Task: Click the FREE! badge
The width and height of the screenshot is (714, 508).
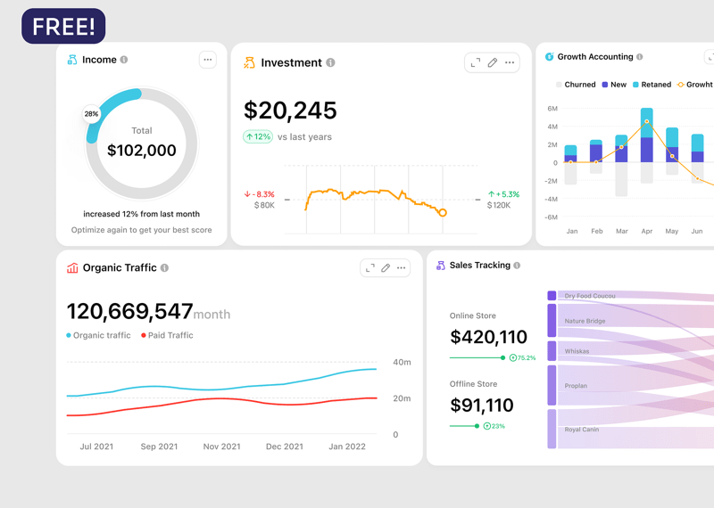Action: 63,27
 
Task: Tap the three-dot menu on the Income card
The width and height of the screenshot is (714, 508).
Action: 207,60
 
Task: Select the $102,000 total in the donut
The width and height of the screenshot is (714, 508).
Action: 142,151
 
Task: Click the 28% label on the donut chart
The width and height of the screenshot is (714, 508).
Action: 91,114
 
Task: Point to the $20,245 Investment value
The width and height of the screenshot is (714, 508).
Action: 290,111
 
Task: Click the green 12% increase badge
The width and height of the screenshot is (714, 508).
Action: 258,136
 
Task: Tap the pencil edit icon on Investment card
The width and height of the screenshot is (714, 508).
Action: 493,62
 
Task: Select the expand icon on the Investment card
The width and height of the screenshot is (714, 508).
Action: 475,62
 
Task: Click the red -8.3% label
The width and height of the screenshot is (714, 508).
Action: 260,193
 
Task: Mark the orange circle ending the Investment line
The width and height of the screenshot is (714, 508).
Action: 442,212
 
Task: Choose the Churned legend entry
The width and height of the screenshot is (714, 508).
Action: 576,85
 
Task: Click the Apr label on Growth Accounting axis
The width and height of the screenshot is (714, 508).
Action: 647,231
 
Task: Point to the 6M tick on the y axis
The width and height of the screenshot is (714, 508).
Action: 552,109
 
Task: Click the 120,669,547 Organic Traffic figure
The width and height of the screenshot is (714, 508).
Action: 130,311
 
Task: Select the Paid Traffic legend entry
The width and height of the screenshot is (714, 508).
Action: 167,335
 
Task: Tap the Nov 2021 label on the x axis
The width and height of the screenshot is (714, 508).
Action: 221,447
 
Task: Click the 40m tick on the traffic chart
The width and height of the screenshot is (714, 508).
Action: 402,363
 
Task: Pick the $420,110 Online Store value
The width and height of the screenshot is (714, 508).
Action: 488,337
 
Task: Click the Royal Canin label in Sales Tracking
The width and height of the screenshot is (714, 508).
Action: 582,430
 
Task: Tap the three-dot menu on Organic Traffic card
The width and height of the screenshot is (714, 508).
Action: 402,267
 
